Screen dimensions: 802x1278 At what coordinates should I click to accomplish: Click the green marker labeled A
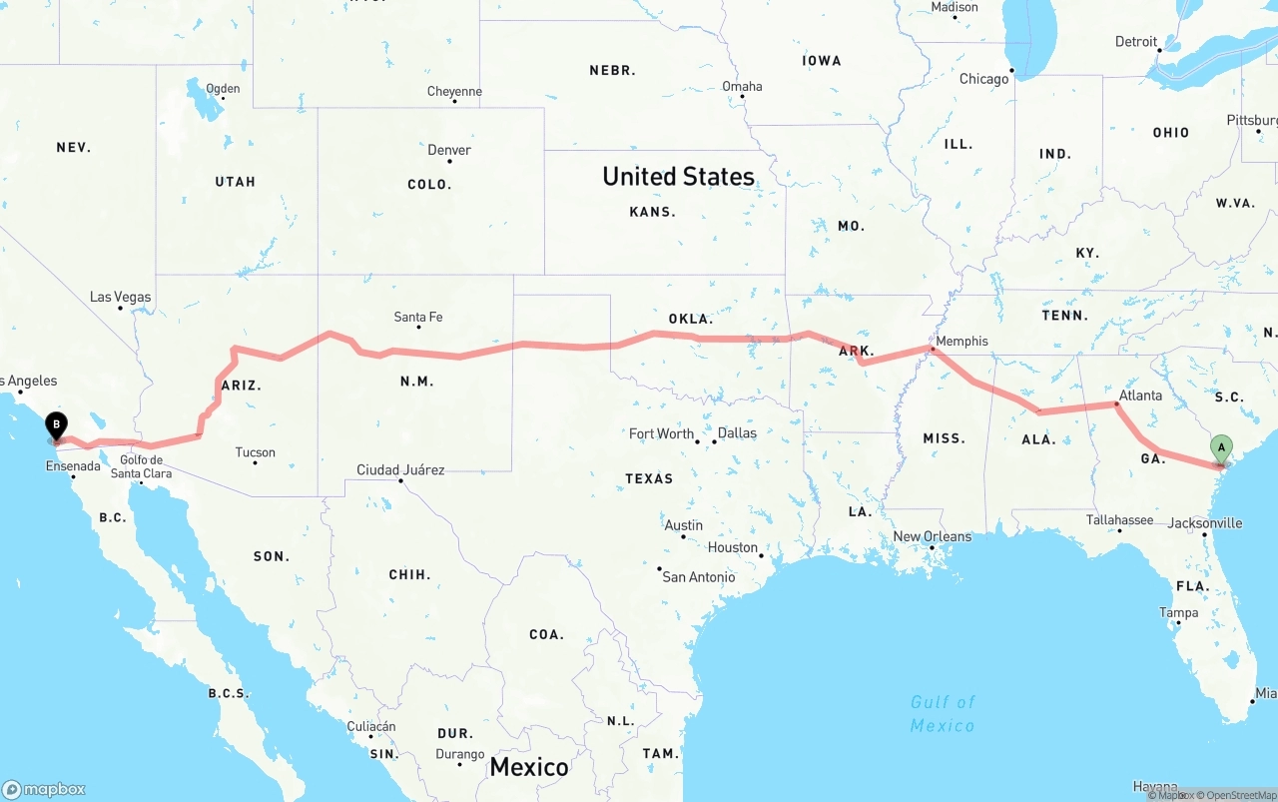tap(1220, 448)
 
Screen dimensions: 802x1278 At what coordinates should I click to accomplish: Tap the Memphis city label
tap(961, 341)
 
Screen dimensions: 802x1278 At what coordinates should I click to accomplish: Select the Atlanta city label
tap(1140, 396)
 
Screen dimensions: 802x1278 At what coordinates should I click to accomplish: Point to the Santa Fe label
tap(418, 318)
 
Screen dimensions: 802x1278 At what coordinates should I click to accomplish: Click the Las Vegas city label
tap(120, 297)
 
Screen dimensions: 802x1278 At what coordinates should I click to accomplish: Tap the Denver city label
tap(449, 150)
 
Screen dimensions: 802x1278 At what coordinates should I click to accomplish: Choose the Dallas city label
tap(737, 433)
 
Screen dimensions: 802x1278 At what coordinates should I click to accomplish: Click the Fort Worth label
tap(661, 433)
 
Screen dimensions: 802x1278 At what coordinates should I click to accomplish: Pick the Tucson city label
tap(255, 452)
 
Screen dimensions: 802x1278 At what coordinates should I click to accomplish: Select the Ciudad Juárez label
tap(400, 469)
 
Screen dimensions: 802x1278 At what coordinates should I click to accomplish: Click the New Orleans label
tap(932, 536)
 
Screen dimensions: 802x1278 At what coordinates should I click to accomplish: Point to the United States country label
tap(678, 177)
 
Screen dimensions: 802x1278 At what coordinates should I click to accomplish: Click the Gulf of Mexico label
tap(943, 713)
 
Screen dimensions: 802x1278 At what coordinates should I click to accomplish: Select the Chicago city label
tap(983, 79)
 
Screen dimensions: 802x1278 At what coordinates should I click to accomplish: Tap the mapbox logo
tap(44, 789)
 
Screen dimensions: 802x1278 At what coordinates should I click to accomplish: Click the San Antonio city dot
tap(660, 569)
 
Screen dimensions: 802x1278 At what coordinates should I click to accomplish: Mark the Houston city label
tap(733, 547)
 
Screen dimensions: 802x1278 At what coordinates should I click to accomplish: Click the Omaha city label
tap(742, 86)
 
